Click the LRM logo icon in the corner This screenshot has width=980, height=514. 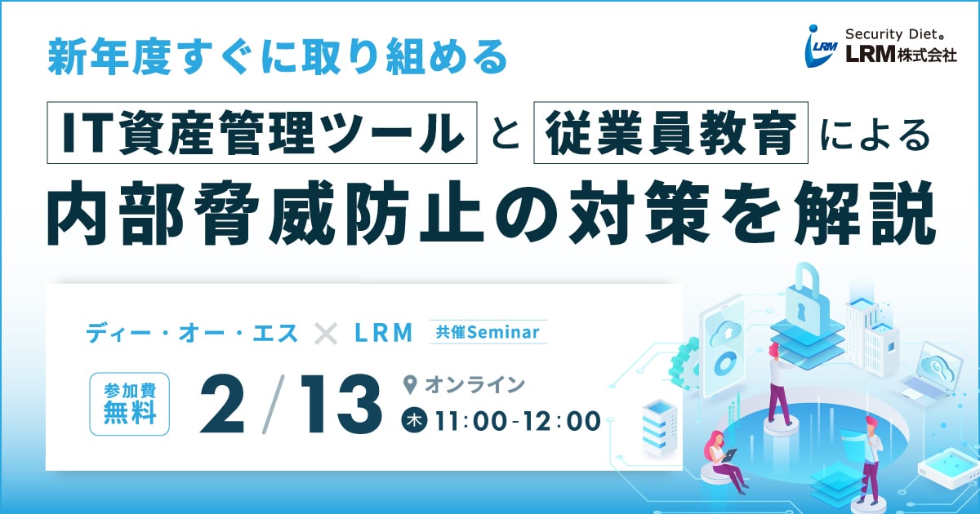click(822, 47)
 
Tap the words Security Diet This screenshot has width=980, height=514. click(891, 34)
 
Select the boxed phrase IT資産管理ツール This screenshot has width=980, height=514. click(261, 132)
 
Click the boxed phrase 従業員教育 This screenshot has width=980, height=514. click(670, 132)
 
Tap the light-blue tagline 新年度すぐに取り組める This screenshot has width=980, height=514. click(278, 56)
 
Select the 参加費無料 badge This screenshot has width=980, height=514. click(130, 404)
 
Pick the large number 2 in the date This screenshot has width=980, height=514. click(222, 405)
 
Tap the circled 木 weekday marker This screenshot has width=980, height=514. click(414, 421)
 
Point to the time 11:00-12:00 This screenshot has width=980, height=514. click(518, 421)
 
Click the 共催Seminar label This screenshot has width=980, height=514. click(488, 332)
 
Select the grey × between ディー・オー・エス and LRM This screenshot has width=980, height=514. click(326, 334)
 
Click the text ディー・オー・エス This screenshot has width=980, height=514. click(192, 333)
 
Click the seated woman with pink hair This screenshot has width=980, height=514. click(724, 459)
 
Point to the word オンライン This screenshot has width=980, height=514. click(474, 385)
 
